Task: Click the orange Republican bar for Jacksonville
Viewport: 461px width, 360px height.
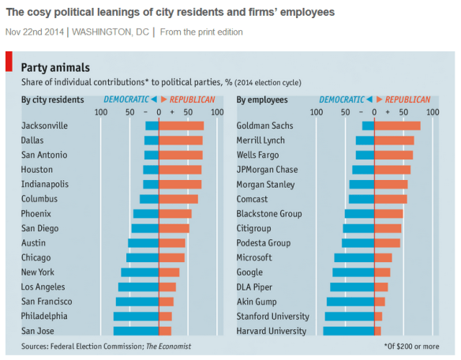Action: (182, 126)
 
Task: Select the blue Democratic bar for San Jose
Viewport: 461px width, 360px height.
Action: (136, 331)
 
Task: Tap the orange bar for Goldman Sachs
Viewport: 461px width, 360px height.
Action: (397, 126)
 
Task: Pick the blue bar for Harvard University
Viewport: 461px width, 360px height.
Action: (348, 331)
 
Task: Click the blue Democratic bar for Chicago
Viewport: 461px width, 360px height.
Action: (143, 257)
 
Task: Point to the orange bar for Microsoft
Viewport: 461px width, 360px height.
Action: (383, 257)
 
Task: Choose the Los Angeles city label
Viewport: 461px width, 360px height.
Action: (47, 287)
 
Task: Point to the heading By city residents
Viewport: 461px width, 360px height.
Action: (53, 99)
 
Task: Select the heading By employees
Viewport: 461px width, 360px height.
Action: (262, 99)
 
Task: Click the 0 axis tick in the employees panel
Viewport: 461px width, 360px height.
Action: (373, 112)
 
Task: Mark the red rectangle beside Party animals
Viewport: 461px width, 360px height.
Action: (9, 62)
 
